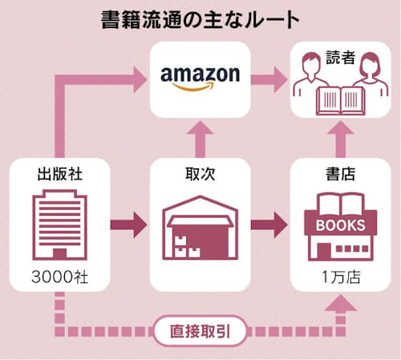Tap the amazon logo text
coord(200,74)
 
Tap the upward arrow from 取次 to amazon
coord(200,138)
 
